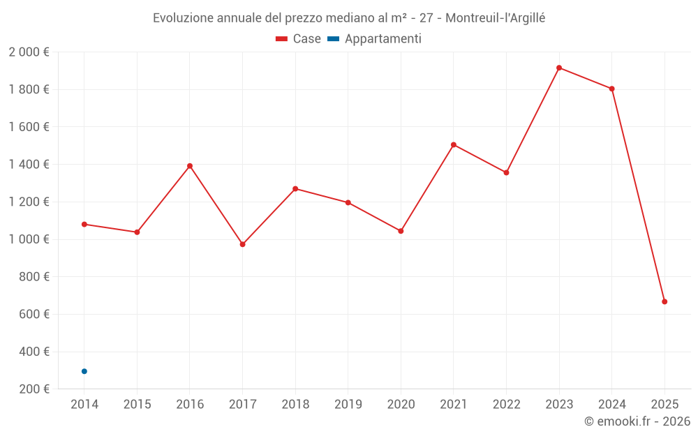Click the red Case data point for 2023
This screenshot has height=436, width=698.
point(559,68)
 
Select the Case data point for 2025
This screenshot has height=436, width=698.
point(664,301)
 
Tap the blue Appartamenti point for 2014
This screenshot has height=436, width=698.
point(84,371)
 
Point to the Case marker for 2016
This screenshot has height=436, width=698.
point(190,166)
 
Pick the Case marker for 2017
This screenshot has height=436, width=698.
point(242,244)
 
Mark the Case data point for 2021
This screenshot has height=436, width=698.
point(454,144)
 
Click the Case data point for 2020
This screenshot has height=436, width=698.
point(401,231)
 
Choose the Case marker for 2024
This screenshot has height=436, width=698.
point(612,89)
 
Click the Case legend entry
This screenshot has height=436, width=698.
point(298,39)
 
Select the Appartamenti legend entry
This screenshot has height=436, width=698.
point(375,39)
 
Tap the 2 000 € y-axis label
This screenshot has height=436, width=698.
point(29,52)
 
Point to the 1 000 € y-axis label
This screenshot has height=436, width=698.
point(29,239)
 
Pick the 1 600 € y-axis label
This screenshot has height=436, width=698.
point(29,127)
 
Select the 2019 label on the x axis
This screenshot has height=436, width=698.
point(348,405)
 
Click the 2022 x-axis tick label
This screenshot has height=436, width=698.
point(506,405)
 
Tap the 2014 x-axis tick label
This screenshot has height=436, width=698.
point(84,405)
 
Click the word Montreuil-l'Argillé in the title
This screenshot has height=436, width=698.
point(495,18)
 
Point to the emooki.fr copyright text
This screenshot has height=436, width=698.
point(637,421)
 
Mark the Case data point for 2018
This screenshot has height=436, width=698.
point(295,188)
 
